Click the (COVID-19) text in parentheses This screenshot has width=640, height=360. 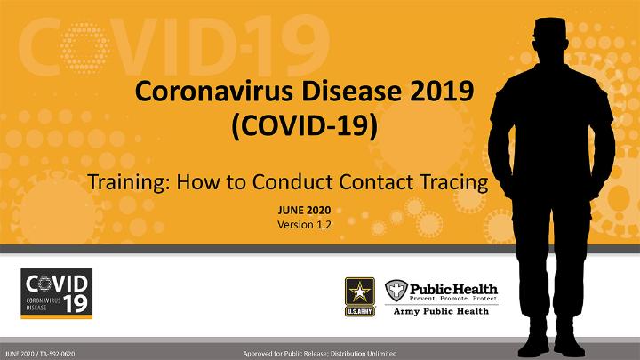point(305,125)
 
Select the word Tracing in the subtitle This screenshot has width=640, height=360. point(454,182)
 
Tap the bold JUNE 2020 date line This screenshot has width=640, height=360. point(305,210)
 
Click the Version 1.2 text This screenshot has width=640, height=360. point(305,225)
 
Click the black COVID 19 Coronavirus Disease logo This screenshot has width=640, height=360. point(57,293)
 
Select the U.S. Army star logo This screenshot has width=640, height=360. point(360,297)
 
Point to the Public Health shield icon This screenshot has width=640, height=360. point(396,291)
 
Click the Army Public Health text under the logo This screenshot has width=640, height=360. point(441,311)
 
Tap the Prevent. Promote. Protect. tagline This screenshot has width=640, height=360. point(454,299)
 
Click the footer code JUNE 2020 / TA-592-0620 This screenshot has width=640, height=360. point(40,354)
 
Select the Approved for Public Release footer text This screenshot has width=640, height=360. point(320,354)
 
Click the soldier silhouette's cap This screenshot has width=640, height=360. point(549,28)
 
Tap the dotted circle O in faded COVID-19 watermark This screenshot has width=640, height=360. point(84,48)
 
